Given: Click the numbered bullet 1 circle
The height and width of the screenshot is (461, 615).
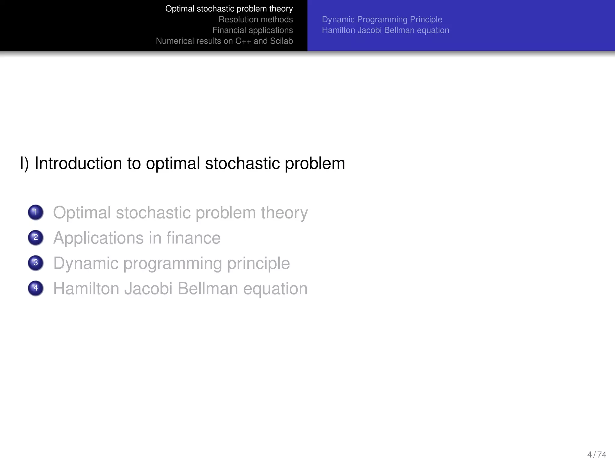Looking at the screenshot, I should coord(35,212).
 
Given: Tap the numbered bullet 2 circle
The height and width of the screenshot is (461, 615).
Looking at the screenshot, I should coord(35,237).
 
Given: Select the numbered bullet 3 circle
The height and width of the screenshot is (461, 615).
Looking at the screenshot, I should coord(35,263).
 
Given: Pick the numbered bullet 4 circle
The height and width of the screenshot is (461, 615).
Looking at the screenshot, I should coord(35,288).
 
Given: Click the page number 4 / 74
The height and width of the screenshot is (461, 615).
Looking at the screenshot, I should coord(596,454).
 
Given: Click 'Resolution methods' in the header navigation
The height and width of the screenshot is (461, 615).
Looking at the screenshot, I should coord(256,20).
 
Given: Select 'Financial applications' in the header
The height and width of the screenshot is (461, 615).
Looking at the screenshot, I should coord(253,30).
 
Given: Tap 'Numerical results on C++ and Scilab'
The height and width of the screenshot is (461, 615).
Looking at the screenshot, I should coord(224,41).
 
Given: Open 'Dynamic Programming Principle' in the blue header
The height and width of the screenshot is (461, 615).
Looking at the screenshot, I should coord(382,20).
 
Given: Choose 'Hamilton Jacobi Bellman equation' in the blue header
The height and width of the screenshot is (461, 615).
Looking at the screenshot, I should coord(386,30).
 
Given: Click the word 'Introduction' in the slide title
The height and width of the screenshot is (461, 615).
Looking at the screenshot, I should coord(78,164).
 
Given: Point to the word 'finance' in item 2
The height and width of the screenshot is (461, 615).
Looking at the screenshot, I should coord(193,238).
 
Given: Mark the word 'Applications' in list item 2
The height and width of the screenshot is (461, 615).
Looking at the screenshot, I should coord(98,238).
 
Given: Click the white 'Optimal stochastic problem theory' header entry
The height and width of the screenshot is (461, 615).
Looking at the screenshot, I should coord(229,9).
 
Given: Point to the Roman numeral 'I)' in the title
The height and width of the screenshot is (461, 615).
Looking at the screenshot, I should coord(24,164).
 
